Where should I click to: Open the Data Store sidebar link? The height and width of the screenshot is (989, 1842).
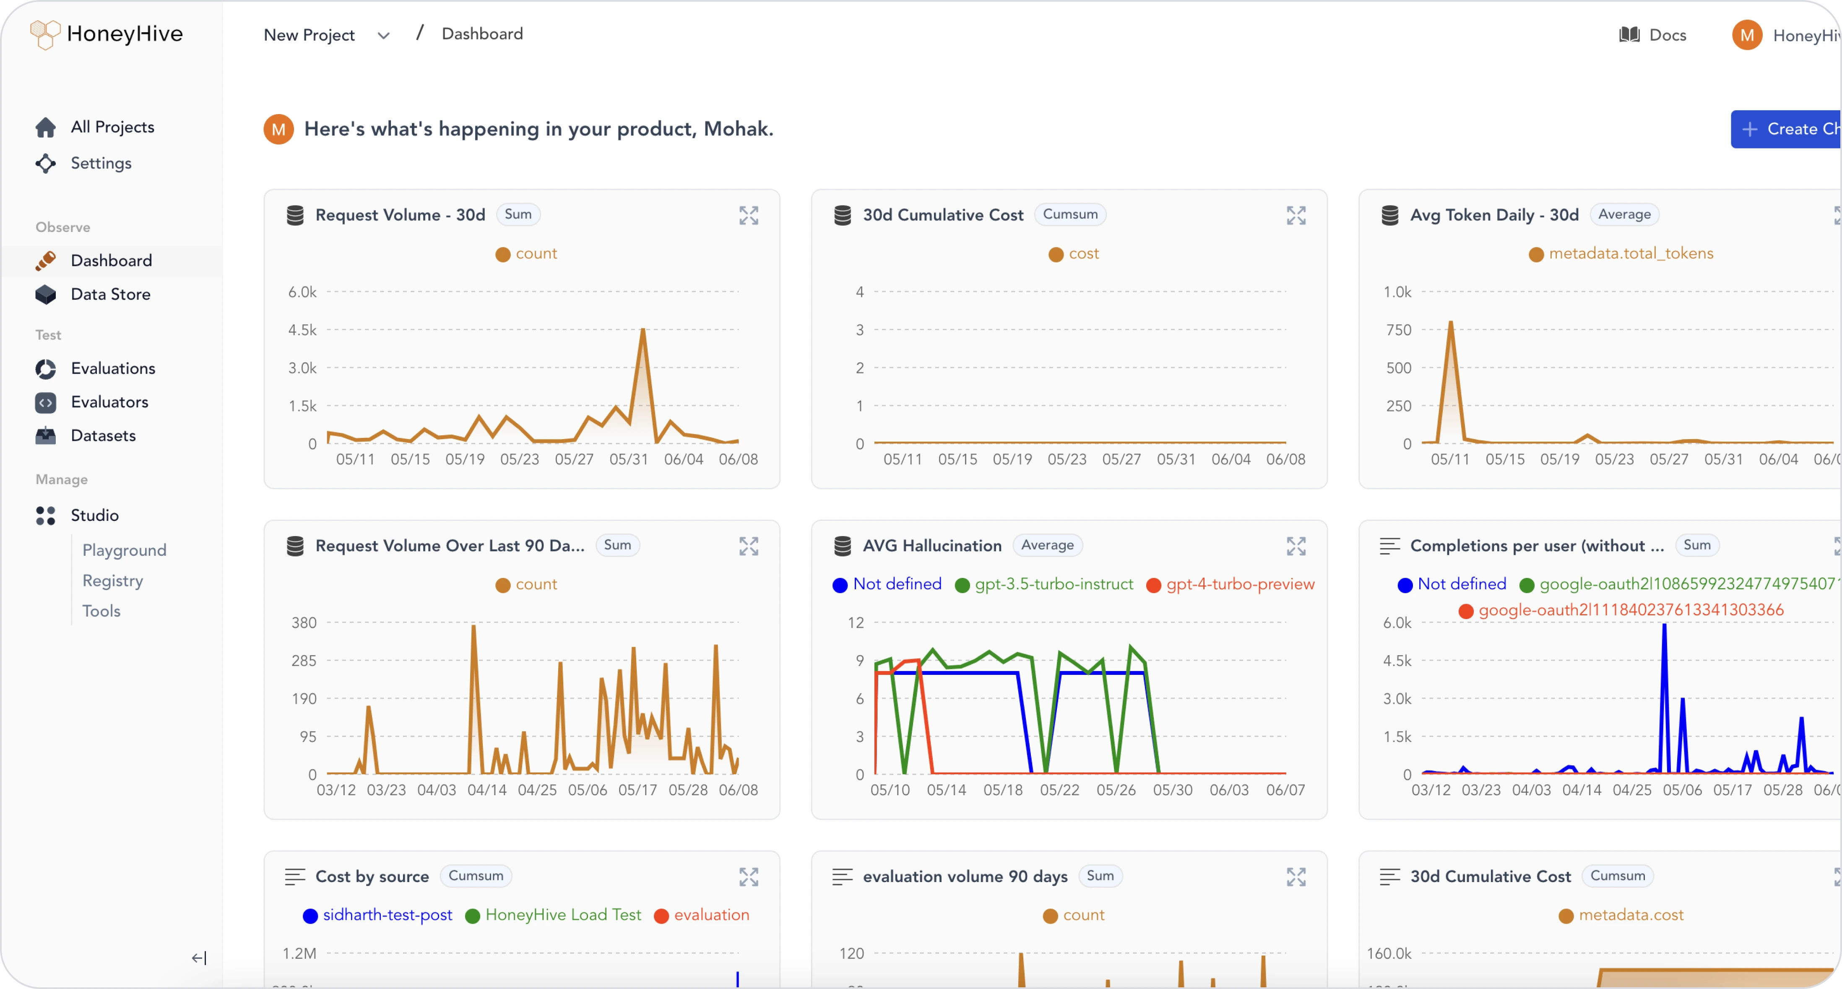[110, 294]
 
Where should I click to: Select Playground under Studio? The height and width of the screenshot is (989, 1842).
[124, 550]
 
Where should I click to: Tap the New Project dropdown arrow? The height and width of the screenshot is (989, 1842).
[383, 36]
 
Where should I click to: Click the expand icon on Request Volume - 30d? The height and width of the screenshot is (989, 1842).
[748, 215]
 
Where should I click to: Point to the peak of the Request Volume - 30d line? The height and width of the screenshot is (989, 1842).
[643, 330]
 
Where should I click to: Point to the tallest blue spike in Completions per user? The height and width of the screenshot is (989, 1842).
[1664, 626]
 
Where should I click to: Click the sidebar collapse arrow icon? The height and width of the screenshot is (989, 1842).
[199, 958]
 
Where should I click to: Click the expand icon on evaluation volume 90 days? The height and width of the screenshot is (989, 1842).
[1296, 877]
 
